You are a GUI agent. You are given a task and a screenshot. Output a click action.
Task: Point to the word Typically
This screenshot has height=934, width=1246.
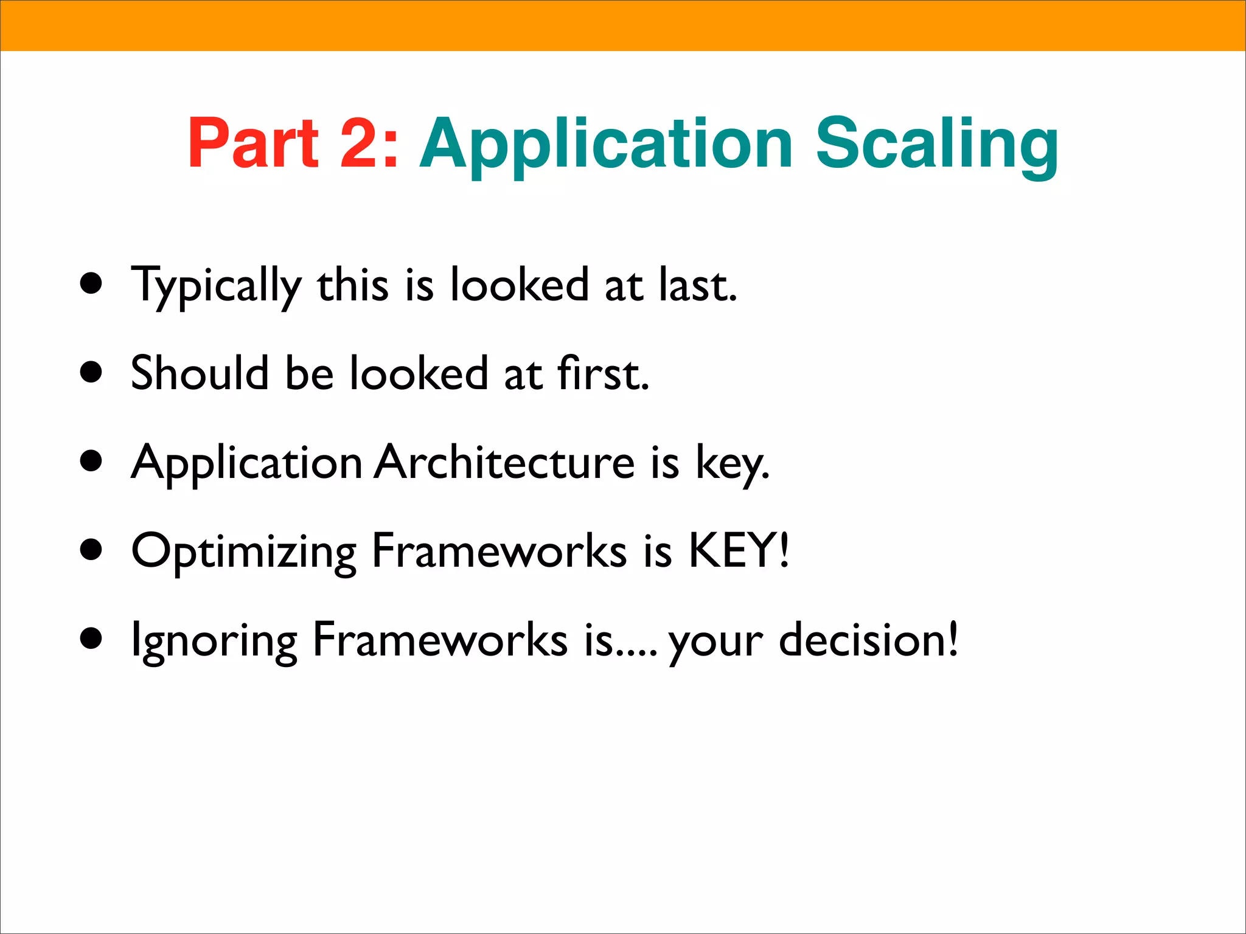[x=217, y=286]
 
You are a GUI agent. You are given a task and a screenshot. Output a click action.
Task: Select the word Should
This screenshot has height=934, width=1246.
[x=200, y=373]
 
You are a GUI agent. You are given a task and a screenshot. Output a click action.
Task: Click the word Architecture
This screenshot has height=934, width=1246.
[x=504, y=462]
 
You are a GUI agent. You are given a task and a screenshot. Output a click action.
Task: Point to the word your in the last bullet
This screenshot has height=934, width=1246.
[x=715, y=643]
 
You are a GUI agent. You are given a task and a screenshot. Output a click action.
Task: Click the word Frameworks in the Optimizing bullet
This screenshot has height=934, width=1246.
[x=499, y=550]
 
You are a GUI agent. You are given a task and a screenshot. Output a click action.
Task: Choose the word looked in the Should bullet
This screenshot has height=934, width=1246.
[x=419, y=373]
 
